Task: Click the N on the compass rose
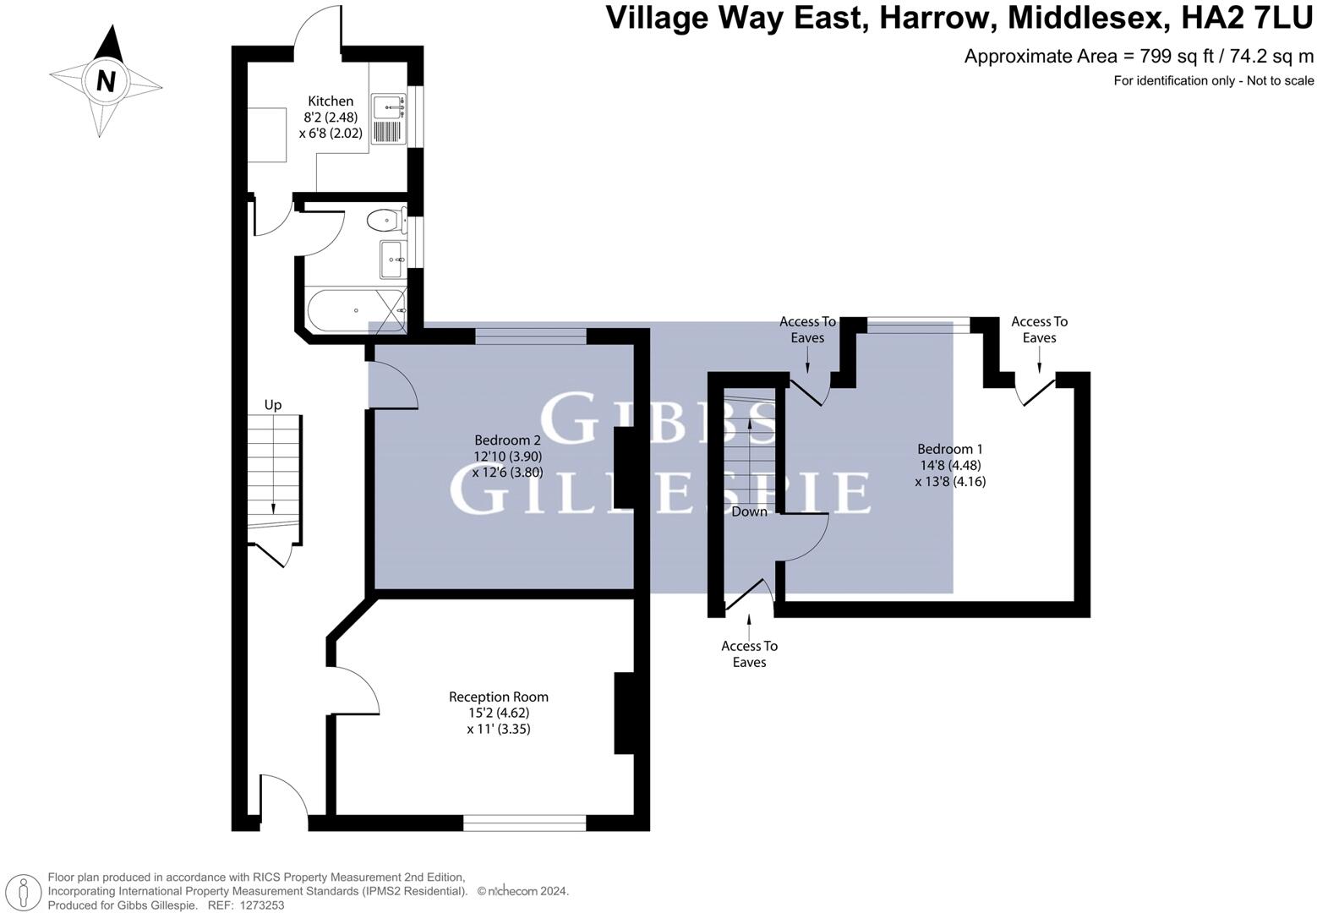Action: pos(106,81)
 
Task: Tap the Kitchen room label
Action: pos(331,101)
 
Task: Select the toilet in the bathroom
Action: pos(385,221)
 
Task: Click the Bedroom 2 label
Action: pos(507,440)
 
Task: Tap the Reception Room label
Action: pos(498,697)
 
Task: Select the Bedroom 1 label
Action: pos(950,449)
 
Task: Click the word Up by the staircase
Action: pos(273,405)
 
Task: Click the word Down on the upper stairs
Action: pos(749,511)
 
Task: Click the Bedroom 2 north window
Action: pos(530,336)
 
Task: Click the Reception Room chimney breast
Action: pos(624,712)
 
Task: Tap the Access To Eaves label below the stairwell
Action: pos(749,653)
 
